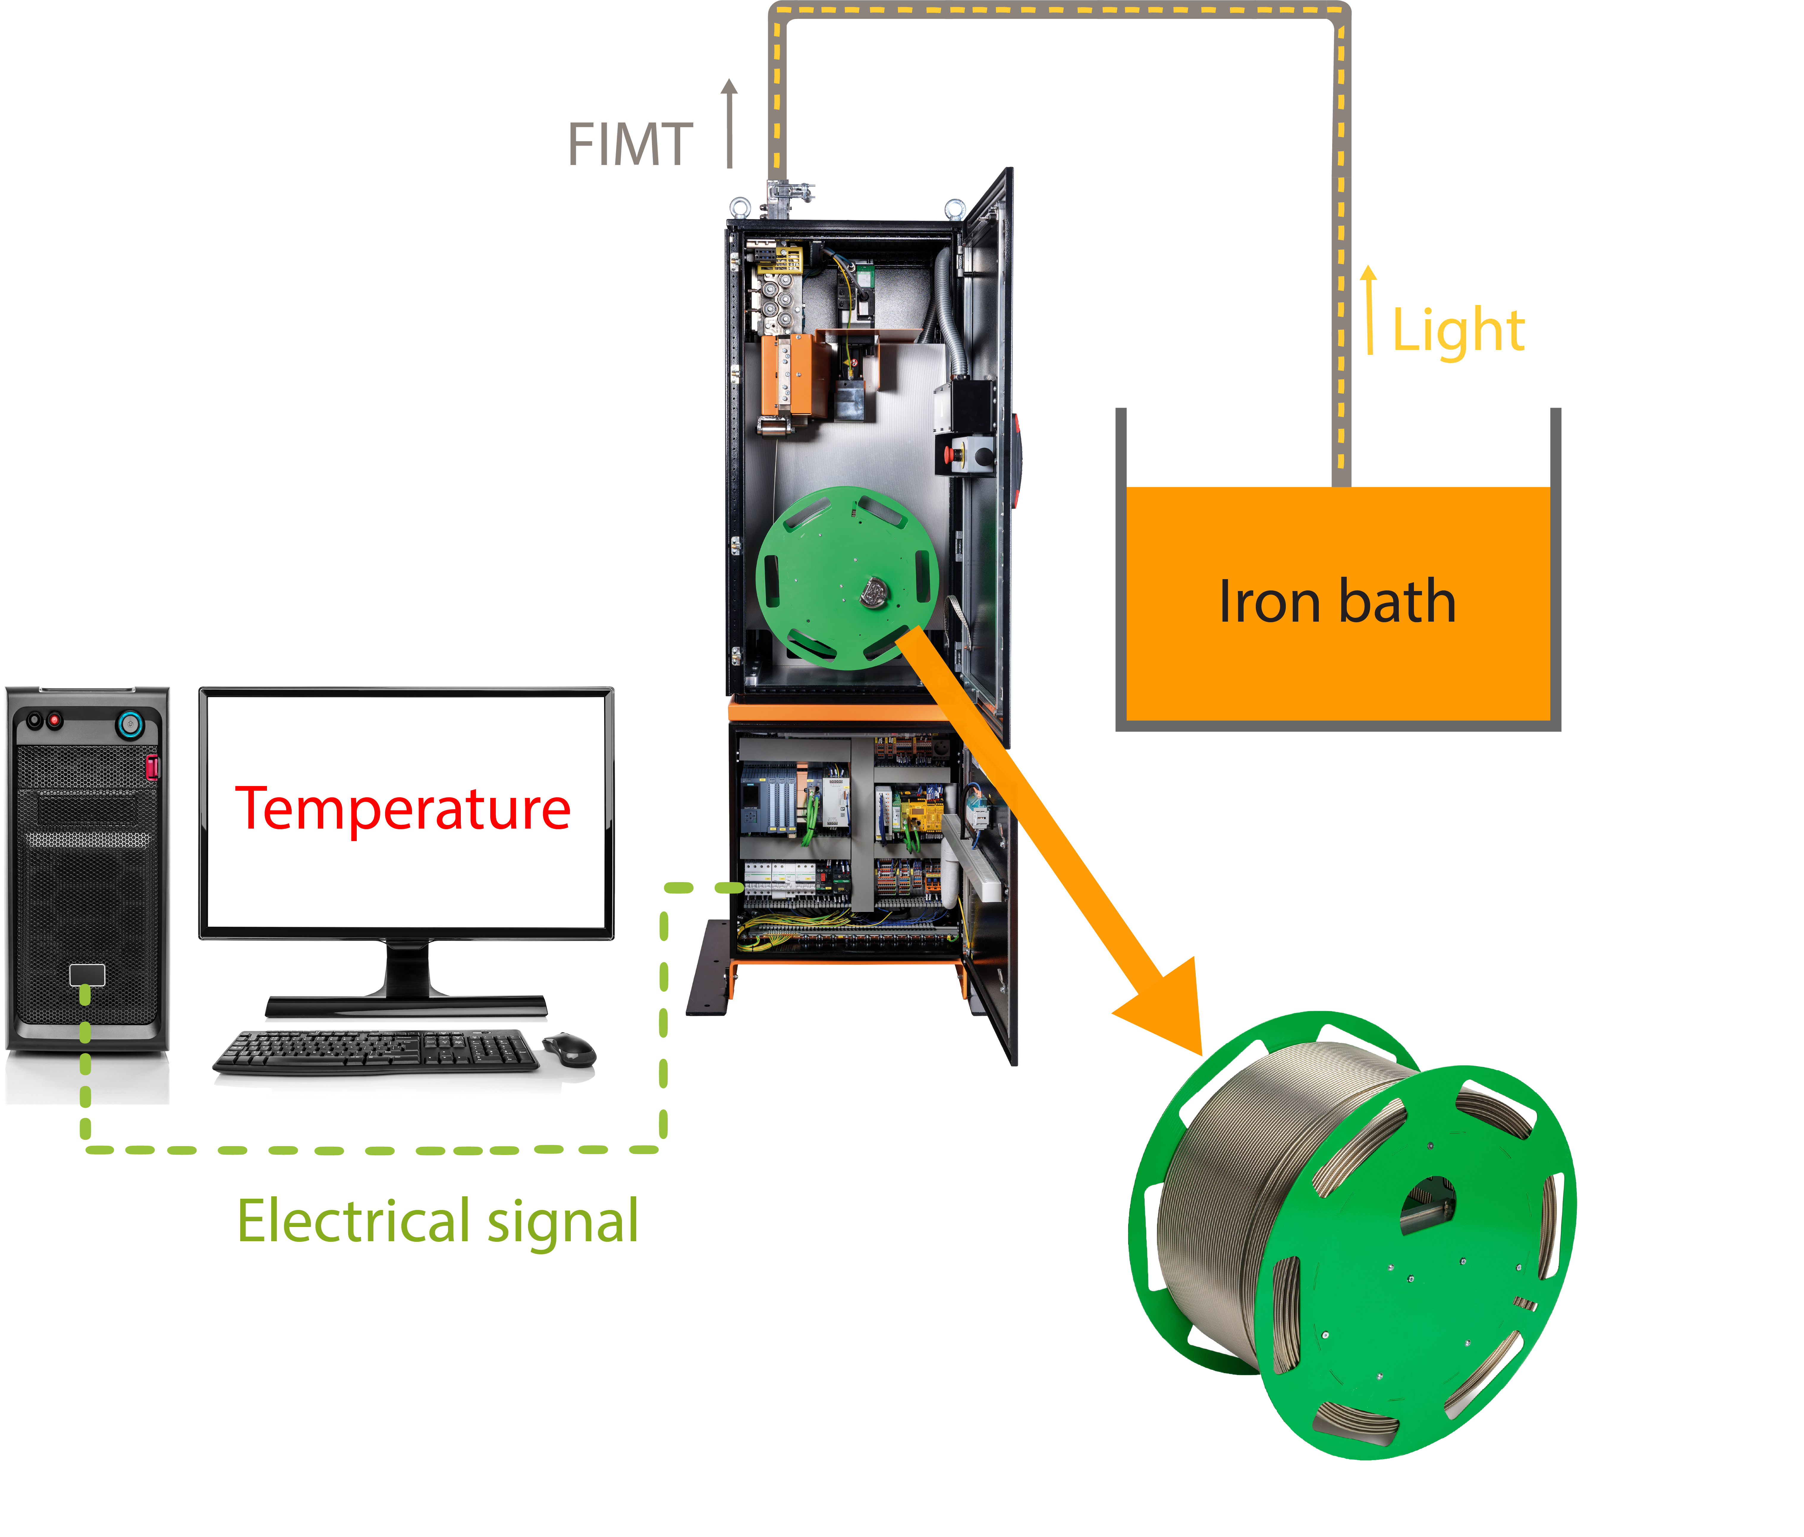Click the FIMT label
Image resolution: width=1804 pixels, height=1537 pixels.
[629, 144]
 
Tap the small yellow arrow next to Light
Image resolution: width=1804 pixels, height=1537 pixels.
[1370, 309]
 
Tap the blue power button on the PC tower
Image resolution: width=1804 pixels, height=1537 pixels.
[130, 723]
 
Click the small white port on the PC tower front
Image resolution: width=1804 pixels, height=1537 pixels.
[87, 975]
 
